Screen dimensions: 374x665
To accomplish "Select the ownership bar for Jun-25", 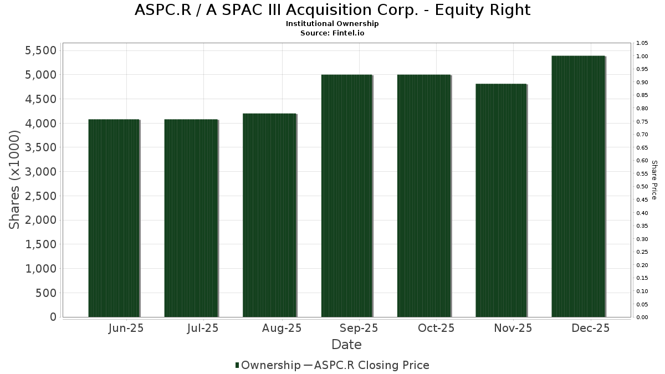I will tap(114, 218).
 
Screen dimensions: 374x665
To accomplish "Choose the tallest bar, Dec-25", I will tap(578, 186).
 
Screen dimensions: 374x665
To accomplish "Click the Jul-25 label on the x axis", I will tap(203, 328).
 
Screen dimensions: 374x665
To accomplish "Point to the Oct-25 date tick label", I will tap(436, 328).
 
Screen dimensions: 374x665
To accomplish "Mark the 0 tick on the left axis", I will tap(53, 317).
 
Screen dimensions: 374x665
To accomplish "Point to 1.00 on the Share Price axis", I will tap(642, 57).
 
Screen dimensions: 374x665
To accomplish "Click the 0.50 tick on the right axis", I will tap(642, 187).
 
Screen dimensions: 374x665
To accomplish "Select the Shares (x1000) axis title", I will tap(15, 180).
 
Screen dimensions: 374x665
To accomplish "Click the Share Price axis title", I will tap(654, 180).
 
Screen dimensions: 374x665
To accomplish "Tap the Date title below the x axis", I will tap(346, 345).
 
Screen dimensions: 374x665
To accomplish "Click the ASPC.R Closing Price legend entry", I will tap(371, 365).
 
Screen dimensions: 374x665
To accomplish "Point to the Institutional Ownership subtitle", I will tap(332, 24).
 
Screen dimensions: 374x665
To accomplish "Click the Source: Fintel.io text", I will tap(332, 33).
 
